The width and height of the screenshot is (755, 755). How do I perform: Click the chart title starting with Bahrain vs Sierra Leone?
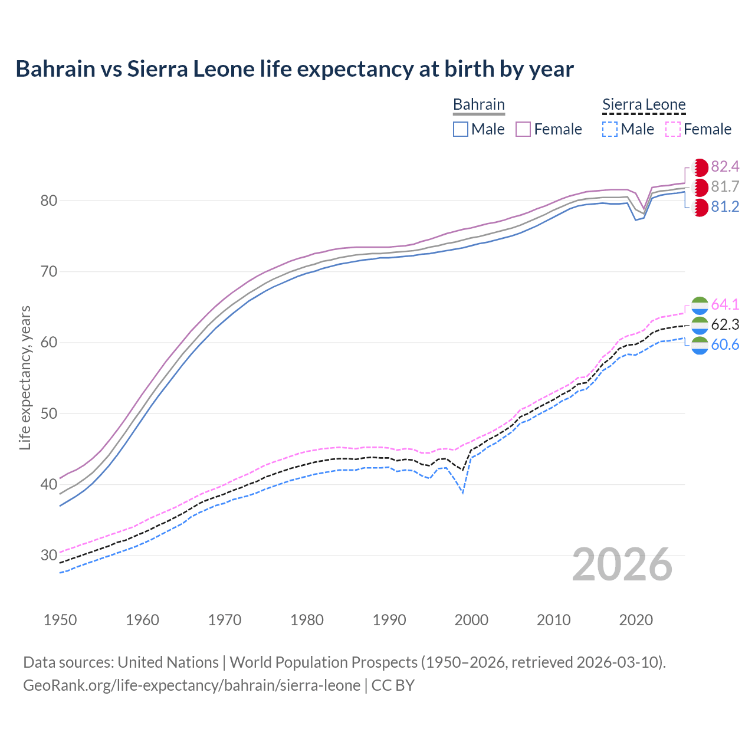click(x=294, y=69)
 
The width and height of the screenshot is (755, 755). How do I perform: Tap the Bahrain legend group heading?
click(x=478, y=104)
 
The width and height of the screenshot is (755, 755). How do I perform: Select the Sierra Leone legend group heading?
click(x=644, y=104)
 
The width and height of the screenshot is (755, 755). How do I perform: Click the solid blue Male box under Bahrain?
click(x=461, y=129)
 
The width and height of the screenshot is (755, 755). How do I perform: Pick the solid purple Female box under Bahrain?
click(x=523, y=129)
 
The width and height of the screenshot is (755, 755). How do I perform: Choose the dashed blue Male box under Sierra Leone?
click(x=610, y=129)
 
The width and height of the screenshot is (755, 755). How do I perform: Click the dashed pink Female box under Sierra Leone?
click(x=673, y=129)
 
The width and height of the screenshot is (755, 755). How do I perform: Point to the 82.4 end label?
click(x=725, y=167)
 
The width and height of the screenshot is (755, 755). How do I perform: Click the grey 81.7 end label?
click(x=725, y=187)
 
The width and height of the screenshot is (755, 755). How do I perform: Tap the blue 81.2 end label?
click(x=725, y=207)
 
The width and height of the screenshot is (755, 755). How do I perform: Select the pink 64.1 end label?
click(x=725, y=305)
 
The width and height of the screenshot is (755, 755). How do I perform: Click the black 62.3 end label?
click(x=725, y=325)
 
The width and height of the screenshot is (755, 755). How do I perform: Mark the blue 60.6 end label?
click(x=725, y=345)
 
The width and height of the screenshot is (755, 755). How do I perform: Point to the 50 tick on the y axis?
click(x=49, y=413)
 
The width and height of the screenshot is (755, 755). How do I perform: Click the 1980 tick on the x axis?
click(x=307, y=620)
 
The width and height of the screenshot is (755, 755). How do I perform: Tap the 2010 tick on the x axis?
click(x=553, y=620)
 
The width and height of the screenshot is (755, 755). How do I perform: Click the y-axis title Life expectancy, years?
click(x=25, y=377)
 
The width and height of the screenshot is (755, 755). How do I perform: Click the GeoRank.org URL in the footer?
click(x=192, y=685)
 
